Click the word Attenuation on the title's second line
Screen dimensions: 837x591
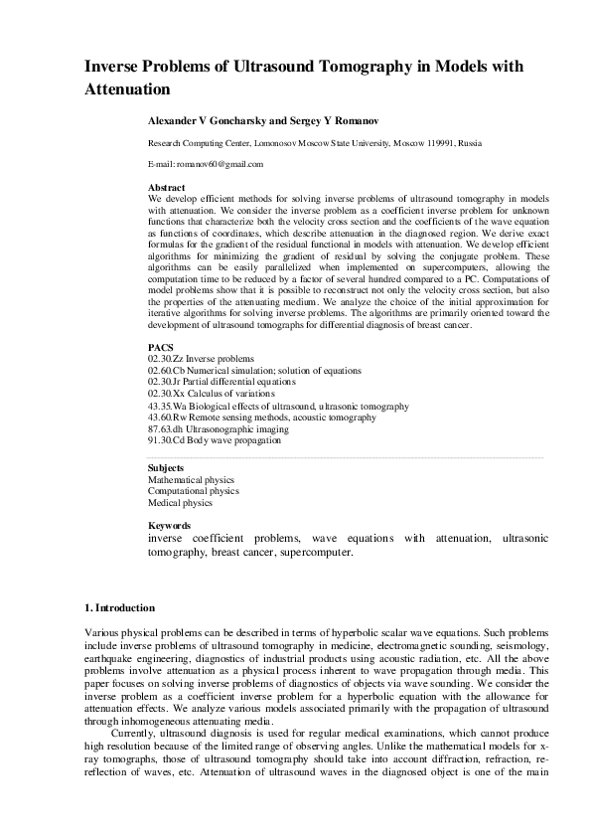click(x=127, y=88)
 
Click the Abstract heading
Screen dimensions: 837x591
click(x=166, y=187)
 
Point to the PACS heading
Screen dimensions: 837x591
click(x=160, y=347)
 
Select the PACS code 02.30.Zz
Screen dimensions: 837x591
click(x=165, y=358)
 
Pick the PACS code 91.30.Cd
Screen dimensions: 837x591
click(x=166, y=439)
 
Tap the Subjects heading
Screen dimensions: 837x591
click(x=165, y=467)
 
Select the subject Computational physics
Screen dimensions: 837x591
click(x=193, y=490)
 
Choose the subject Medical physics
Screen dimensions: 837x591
click(x=180, y=502)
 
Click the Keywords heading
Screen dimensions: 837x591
click(x=169, y=526)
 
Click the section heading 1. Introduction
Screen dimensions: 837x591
click(x=118, y=607)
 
